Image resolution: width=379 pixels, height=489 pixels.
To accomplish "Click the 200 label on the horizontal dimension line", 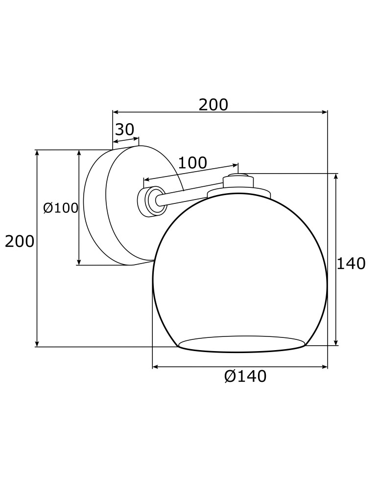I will (x=213, y=105).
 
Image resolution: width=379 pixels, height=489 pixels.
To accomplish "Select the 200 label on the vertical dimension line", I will (x=20, y=241).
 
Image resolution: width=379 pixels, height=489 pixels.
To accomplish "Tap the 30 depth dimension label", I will (x=124, y=130).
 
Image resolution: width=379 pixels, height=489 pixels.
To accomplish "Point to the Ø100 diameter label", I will (x=61, y=208).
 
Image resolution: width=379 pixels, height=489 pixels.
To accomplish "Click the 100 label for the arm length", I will (x=192, y=163).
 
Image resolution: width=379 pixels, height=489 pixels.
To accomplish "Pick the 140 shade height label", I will (x=351, y=264).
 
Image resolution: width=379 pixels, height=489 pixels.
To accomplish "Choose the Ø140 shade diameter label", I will (x=245, y=376).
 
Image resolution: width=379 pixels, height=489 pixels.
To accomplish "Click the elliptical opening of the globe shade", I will (x=241, y=344).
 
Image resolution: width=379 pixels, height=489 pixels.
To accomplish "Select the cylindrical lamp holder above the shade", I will (x=238, y=181).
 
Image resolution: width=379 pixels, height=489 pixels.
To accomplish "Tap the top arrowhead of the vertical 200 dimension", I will (x=37, y=153).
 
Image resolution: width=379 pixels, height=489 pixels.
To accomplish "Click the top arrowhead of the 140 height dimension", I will (x=335, y=177).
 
